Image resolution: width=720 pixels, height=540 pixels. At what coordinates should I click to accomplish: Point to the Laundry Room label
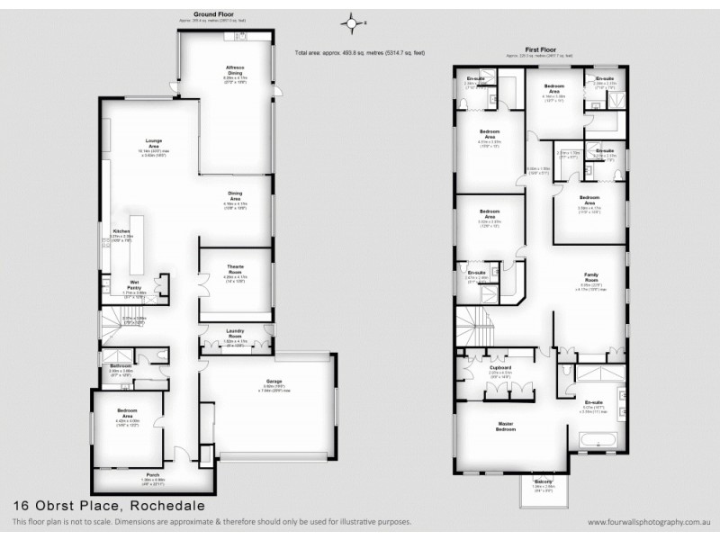(x=235, y=335)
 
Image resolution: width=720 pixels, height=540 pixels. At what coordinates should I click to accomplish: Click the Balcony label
(x=543, y=481)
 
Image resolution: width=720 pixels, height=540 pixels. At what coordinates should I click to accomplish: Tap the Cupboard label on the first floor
(x=501, y=368)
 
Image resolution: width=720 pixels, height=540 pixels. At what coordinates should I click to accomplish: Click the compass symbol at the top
(x=354, y=22)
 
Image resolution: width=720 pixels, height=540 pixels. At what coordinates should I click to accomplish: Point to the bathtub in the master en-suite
(x=598, y=441)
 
